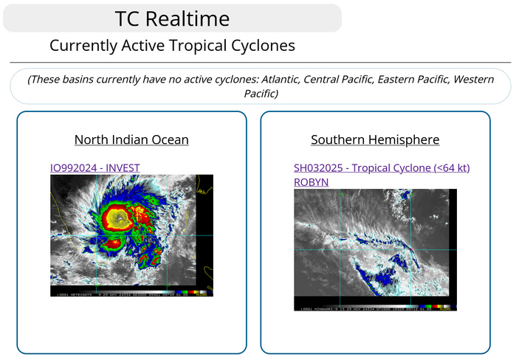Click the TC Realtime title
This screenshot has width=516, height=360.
(173, 18)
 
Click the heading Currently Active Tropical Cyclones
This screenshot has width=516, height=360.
(172, 46)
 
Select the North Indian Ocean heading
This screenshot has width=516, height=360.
(131, 139)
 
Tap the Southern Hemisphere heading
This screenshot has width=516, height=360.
(375, 139)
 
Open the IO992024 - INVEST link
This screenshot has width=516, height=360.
(94, 167)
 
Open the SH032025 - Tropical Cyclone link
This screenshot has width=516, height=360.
(382, 167)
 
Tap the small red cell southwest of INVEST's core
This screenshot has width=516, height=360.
(113, 243)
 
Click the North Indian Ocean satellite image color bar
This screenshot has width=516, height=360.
(185, 292)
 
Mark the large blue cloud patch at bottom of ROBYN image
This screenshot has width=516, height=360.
(387, 279)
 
